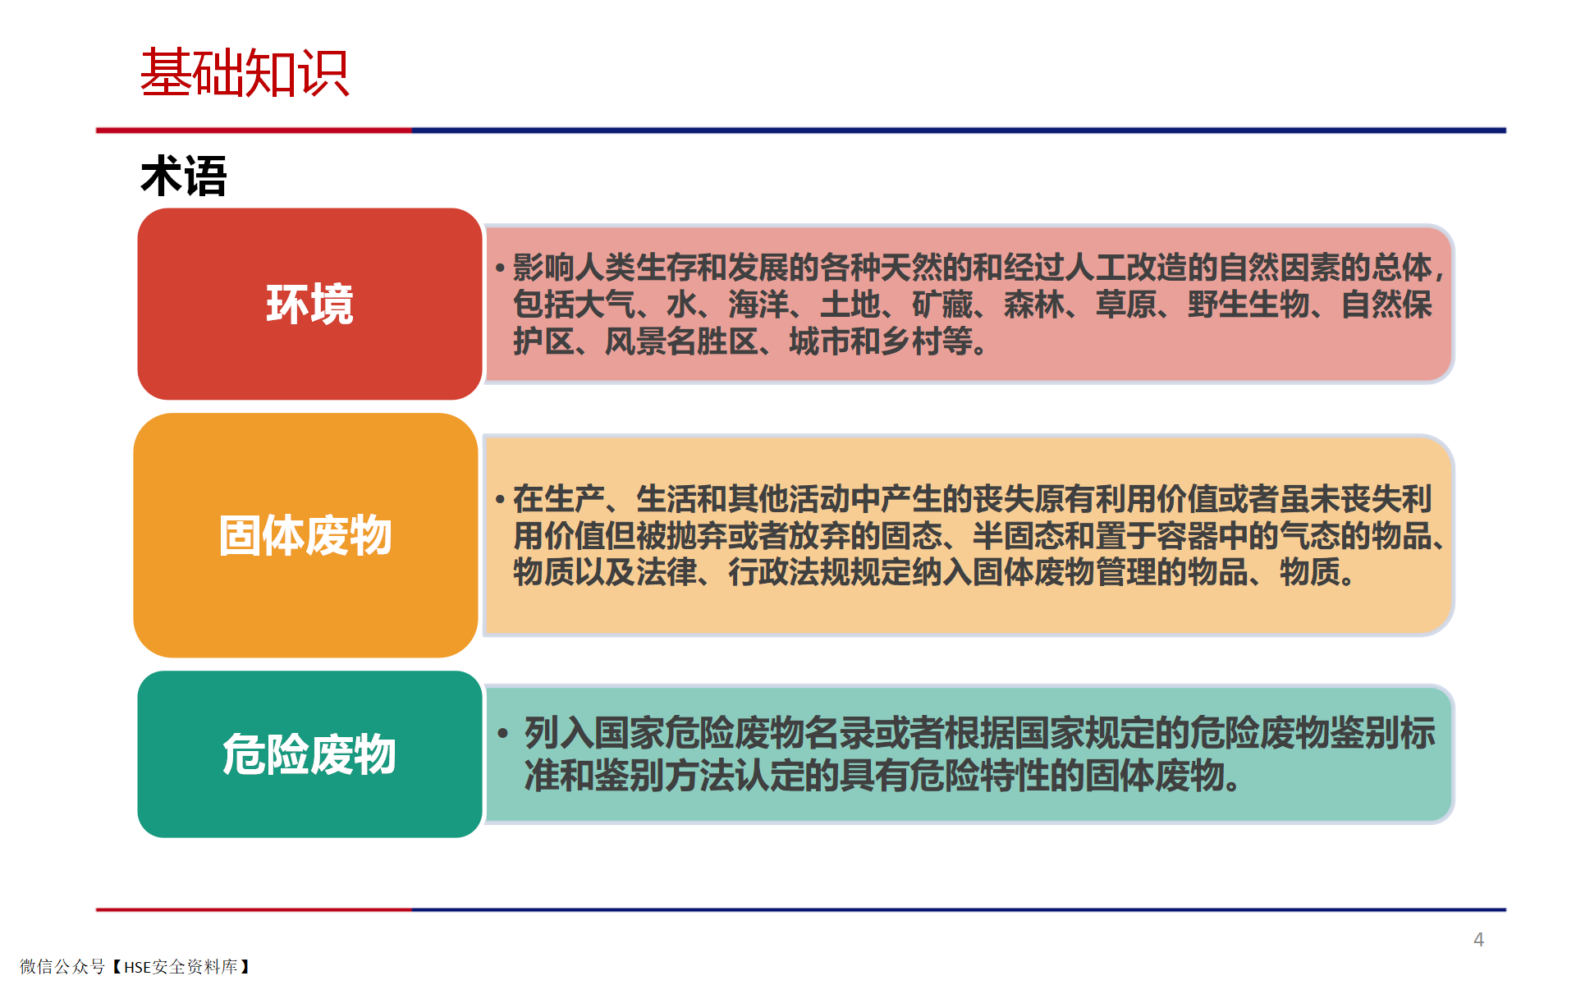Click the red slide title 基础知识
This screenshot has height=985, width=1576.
pyautogui.click(x=245, y=73)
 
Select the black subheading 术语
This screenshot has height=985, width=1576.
pyautogui.click(x=184, y=176)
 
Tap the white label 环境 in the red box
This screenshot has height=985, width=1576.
pyautogui.click(x=309, y=304)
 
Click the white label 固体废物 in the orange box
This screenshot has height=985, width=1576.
pyautogui.click(x=305, y=535)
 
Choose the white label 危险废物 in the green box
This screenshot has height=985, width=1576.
pyautogui.click(x=309, y=754)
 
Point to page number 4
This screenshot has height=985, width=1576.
pyautogui.click(x=1478, y=940)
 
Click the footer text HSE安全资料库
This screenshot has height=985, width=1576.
pyautogui.click(x=181, y=967)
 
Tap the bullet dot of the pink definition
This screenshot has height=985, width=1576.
pyautogui.click(x=500, y=268)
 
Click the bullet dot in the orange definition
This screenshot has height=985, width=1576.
pyautogui.click(x=500, y=499)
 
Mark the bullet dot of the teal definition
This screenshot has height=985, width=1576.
pyautogui.click(x=503, y=732)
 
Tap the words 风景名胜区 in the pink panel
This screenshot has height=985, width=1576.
pyautogui.click(x=681, y=341)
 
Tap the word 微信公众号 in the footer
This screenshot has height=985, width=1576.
pyautogui.click(x=62, y=967)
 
